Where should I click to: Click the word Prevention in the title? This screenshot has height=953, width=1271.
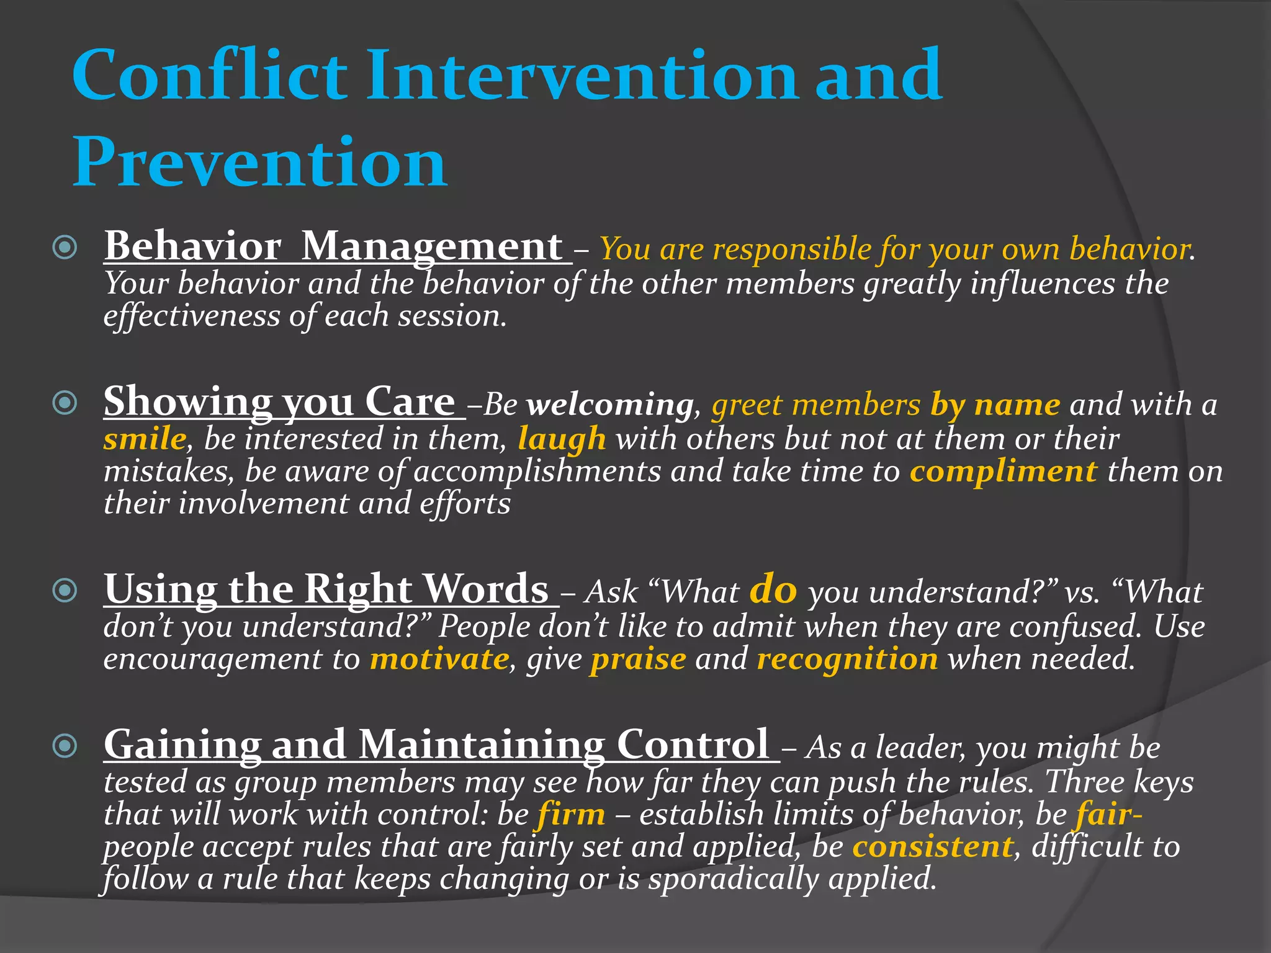click(259, 163)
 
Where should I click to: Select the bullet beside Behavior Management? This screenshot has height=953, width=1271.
click(65, 248)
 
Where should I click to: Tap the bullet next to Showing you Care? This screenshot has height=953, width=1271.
click(65, 403)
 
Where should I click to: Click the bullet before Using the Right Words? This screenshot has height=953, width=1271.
click(65, 591)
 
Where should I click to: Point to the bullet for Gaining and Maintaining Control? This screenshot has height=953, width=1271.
click(65, 746)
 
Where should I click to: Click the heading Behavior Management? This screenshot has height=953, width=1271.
click(334, 247)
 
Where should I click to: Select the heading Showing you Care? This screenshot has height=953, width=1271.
click(280, 402)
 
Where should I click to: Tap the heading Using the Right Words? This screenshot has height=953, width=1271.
click(326, 589)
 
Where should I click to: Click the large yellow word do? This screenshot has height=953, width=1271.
click(773, 589)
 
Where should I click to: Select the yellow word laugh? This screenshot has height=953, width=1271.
click(562, 439)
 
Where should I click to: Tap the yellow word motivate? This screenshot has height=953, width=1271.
click(439, 659)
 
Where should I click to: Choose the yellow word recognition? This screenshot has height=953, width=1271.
click(847, 659)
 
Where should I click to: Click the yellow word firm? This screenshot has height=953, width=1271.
click(571, 815)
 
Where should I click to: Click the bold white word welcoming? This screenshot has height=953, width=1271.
click(610, 406)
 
